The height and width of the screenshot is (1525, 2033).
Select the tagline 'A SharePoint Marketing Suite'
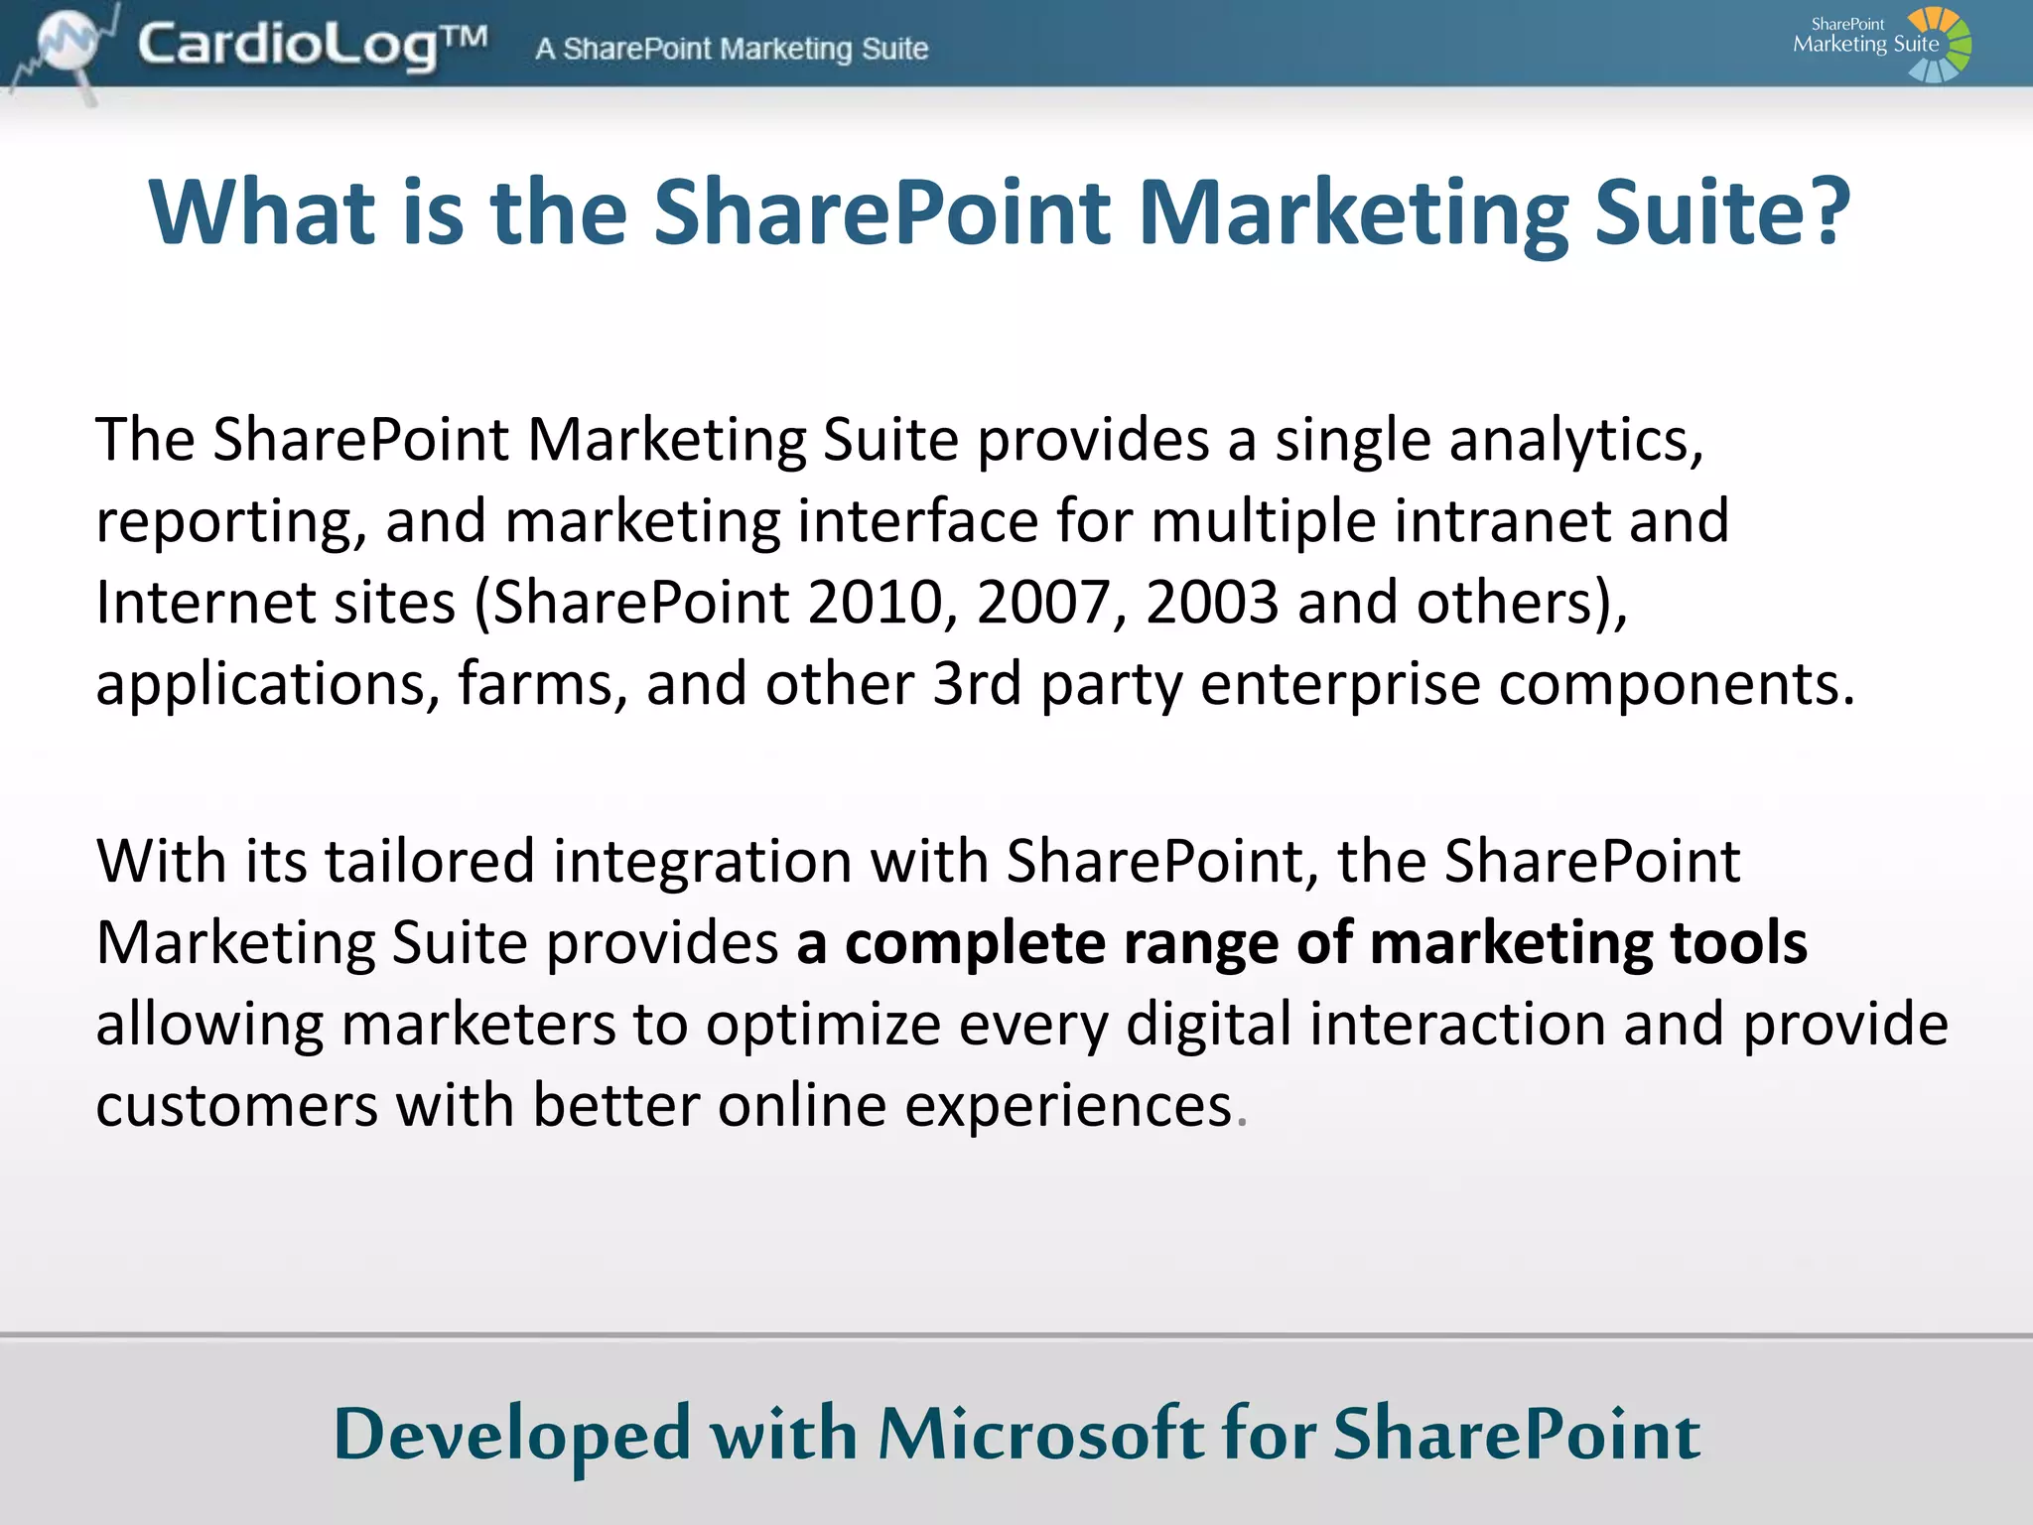point(732,49)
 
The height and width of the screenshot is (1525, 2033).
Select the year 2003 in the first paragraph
point(1212,603)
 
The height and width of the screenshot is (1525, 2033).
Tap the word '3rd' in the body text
point(977,684)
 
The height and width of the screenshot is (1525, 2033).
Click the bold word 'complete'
point(975,944)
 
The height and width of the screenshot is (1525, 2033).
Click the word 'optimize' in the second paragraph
point(823,1026)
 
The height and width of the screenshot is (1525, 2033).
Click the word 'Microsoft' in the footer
point(1041,1435)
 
